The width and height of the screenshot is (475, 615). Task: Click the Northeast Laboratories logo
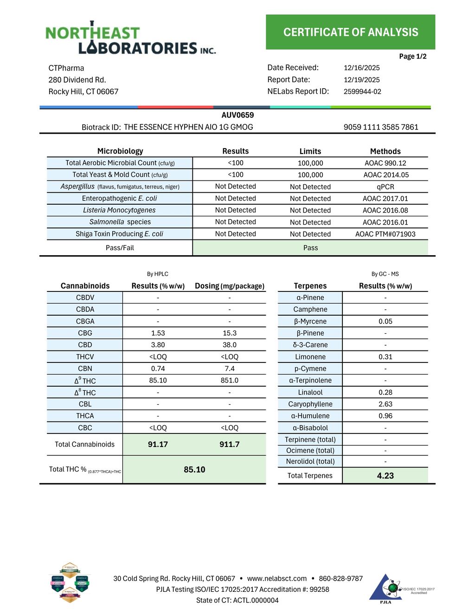click(130, 39)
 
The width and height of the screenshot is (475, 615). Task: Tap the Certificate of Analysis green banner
click(350, 32)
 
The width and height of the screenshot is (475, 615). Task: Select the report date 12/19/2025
click(361, 80)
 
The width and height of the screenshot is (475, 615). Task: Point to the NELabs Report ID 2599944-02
click(362, 92)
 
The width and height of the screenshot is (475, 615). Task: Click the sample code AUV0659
click(237, 115)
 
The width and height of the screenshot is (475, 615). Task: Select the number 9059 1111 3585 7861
click(380, 127)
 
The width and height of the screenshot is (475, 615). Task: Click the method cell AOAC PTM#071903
click(385, 234)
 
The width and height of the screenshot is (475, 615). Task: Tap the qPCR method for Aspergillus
click(385, 187)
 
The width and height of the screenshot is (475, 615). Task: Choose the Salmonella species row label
click(120, 222)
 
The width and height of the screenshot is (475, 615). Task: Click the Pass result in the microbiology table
click(310, 248)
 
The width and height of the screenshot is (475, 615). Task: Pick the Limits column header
click(310, 151)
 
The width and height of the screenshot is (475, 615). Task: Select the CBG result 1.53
click(158, 333)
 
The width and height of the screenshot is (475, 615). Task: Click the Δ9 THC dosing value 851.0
click(229, 381)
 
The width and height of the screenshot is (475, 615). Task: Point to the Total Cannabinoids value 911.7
click(229, 444)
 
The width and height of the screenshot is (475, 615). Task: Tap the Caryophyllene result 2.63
click(385, 404)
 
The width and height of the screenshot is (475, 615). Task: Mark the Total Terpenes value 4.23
click(385, 476)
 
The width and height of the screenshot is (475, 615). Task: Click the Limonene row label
click(310, 357)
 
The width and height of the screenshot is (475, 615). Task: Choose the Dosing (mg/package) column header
click(229, 286)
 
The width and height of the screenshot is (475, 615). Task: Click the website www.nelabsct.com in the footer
click(276, 578)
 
